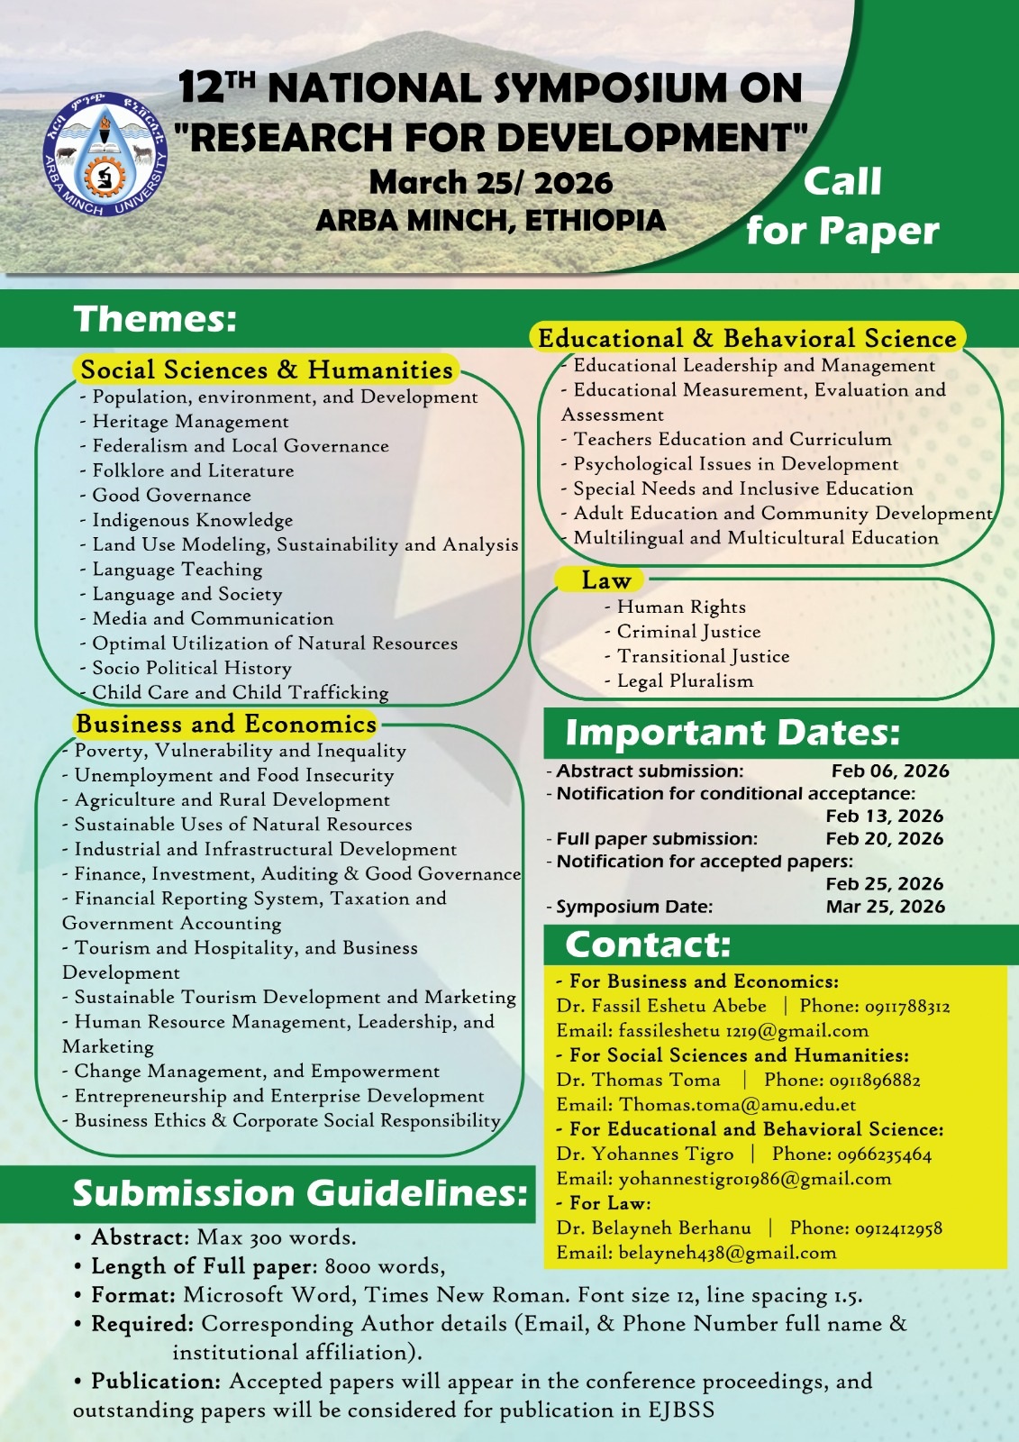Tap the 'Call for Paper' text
coord(842,206)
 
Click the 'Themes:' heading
coord(155,319)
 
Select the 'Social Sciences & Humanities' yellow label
coord(267,370)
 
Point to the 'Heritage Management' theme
coord(190,421)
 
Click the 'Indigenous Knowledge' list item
coord(192,520)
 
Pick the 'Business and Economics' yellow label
coord(226,724)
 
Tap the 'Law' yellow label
coord(605,580)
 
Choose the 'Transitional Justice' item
coord(703,656)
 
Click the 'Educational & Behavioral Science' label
coord(747,338)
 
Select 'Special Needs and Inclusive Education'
coord(742,488)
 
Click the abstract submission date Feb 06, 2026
coord(889,771)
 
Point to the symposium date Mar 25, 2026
coord(885,906)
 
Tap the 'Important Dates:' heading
coord(732,733)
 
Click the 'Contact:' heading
coord(648,945)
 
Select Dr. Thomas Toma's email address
coord(737,1104)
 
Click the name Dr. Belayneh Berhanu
coord(653,1228)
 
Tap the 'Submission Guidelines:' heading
coord(300,1193)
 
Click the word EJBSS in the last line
coord(680,1410)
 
